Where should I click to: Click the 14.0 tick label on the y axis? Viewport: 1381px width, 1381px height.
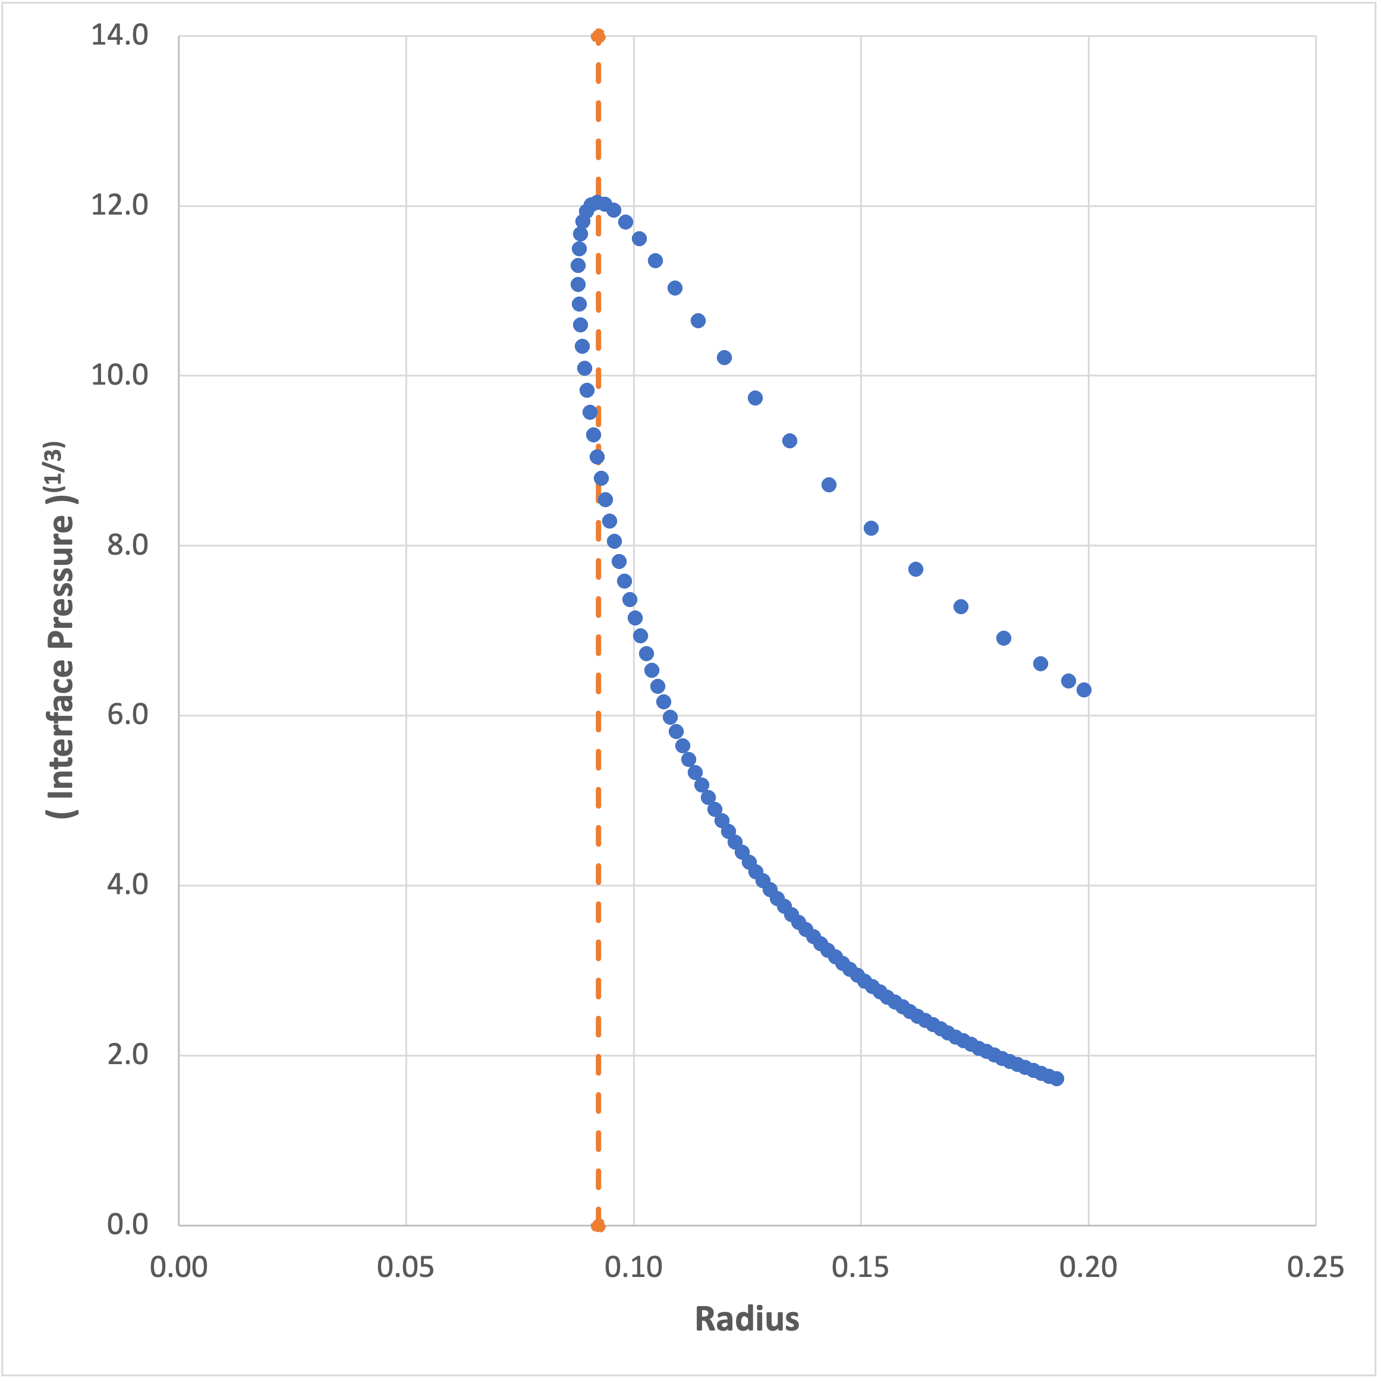click(119, 35)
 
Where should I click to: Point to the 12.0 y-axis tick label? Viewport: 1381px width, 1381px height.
click(119, 205)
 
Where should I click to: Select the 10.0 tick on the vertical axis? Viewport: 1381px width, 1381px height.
click(119, 375)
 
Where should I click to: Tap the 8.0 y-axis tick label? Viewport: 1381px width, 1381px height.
click(127, 545)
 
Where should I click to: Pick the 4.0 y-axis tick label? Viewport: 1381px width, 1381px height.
click(127, 885)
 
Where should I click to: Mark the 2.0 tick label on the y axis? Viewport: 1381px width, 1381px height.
click(127, 1055)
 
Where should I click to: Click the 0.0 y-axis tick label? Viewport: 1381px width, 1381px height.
click(127, 1225)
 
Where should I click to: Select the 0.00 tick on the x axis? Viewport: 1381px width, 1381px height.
click(179, 1267)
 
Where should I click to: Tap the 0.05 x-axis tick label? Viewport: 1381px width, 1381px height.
click(406, 1267)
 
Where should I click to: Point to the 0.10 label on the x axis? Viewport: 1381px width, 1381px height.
click(633, 1267)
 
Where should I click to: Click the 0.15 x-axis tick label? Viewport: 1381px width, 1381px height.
click(861, 1267)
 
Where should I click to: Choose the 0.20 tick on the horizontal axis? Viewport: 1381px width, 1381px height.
click(1088, 1267)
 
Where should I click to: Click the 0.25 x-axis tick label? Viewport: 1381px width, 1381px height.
click(1315, 1267)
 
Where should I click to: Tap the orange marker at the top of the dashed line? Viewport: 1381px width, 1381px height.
click(598, 36)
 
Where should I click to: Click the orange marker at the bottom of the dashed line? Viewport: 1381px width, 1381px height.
click(598, 1226)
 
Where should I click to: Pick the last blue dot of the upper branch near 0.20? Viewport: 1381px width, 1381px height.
click(1084, 690)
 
